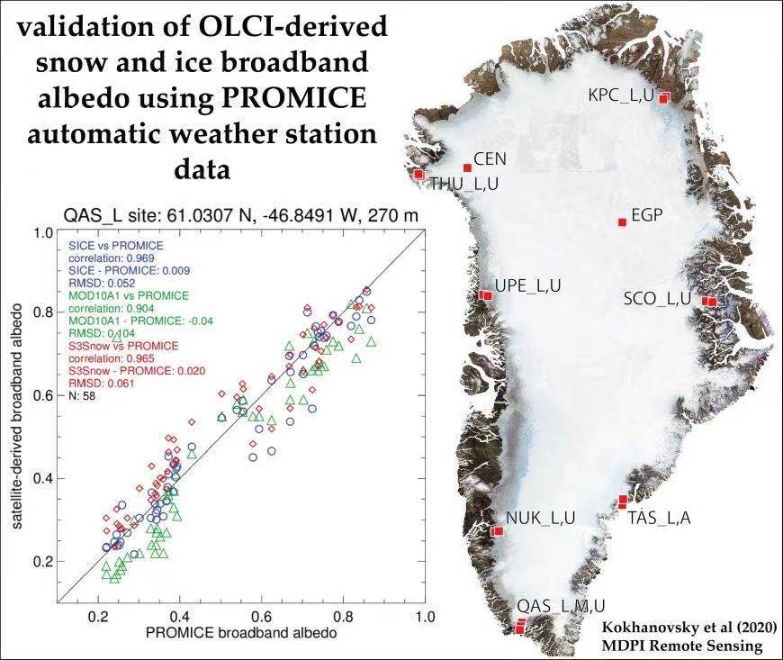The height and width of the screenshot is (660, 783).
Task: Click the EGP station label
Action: tap(647, 216)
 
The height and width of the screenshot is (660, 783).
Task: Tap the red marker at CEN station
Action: tap(467, 167)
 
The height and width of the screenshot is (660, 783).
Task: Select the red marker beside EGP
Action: tap(622, 222)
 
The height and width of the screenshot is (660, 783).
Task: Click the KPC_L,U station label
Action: tap(621, 95)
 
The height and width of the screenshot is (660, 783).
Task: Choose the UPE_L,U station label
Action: tap(528, 285)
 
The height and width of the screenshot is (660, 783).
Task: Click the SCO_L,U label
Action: tap(657, 298)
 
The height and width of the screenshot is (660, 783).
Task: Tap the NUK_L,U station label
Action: tap(540, 518)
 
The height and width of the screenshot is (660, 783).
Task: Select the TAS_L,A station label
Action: tap(659, 518)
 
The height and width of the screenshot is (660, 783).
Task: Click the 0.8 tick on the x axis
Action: tap(343, 618)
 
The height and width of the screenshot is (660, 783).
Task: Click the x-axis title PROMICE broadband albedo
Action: tap(241, 634)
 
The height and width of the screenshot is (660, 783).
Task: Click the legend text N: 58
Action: tap(80, 395)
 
